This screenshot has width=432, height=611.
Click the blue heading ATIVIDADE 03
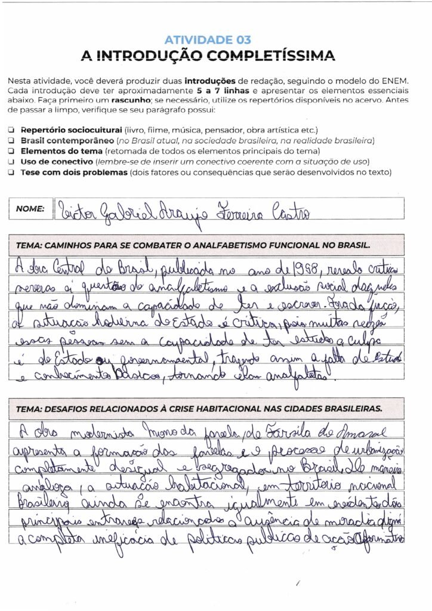pyautogui.click(x=208, y=40)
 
